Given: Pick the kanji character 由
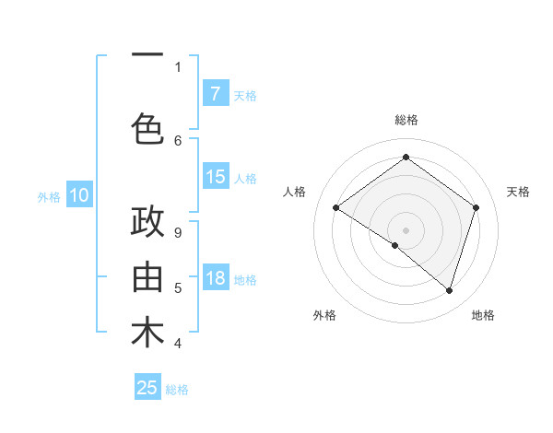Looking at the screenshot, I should coord(147,277).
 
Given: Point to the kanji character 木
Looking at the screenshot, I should coord(147,334).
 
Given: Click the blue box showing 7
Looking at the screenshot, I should coord(215,93).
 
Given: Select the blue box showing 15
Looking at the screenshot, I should coord(215,177).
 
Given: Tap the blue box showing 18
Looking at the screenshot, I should coord(215,278).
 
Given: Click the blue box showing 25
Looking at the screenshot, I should coord(147,388).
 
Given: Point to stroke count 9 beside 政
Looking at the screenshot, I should coord(178,232).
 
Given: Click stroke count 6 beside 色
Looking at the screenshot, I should coord(178,140).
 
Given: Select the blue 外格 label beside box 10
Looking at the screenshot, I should coord(49,196).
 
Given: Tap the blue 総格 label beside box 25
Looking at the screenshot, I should coord(178,390).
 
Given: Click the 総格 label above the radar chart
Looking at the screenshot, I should coord(406,120).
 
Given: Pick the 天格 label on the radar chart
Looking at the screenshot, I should coord(519,192).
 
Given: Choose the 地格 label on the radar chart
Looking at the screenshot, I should coord(483,315).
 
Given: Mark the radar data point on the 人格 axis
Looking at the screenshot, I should coord(336,207).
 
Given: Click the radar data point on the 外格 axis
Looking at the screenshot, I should coord(395,245).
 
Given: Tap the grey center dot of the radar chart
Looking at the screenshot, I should coord(406,229).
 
